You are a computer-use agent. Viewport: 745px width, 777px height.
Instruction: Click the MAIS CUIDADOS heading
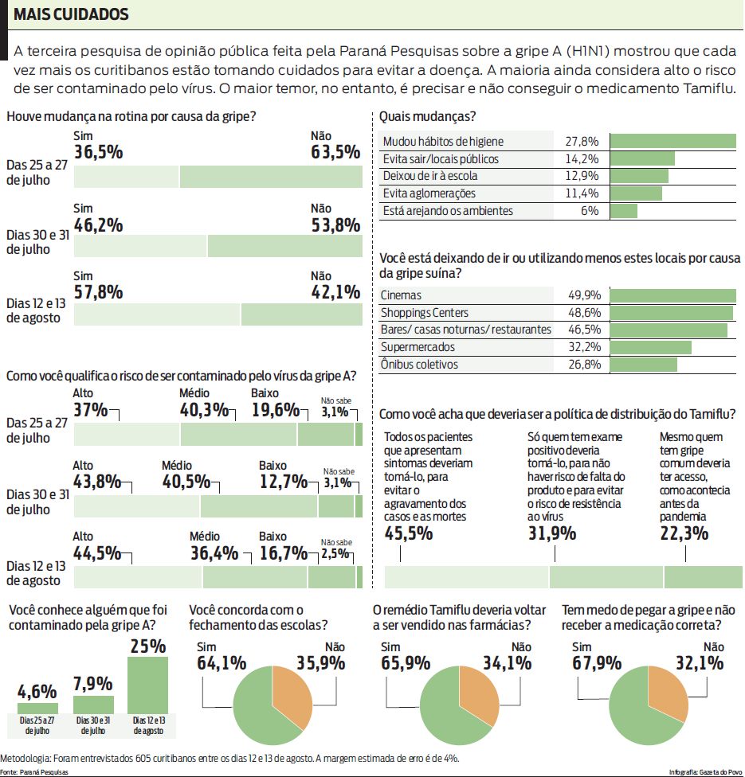point(71,15)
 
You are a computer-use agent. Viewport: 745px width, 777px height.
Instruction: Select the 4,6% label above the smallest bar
point(37,689)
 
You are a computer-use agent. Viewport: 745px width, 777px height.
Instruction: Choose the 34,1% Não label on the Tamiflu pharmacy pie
point(506,663)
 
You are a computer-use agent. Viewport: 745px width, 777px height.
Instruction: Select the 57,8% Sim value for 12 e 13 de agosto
point(98,292)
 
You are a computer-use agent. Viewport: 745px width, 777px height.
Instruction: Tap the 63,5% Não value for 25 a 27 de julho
point(335,152)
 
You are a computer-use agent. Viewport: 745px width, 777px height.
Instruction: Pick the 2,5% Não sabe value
point(335,553)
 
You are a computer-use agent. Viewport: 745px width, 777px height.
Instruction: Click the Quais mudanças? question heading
point(427,117)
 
